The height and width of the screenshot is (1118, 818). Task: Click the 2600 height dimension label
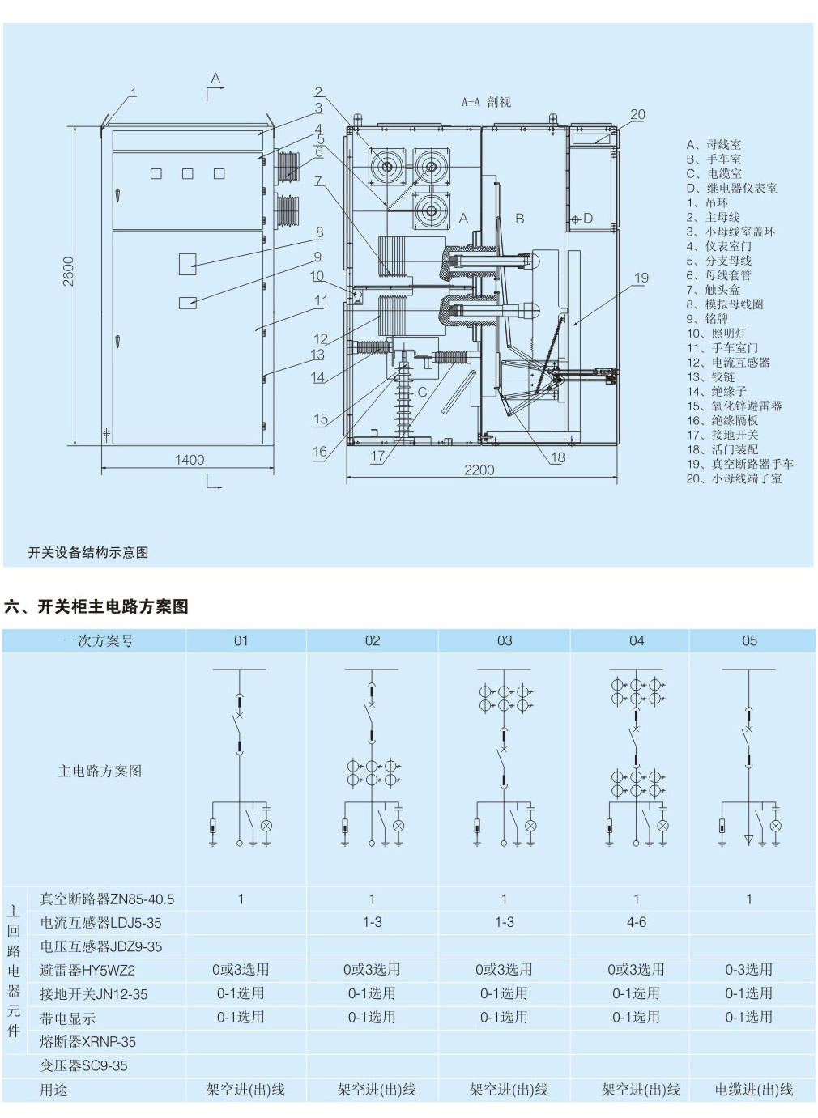coord(70,271)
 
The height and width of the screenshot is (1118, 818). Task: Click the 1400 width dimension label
coord(190,460)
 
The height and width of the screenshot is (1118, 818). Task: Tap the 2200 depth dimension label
coord(479,470)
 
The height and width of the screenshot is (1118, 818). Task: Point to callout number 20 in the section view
coord(638,115)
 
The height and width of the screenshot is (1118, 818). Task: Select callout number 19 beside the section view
coord(641,278)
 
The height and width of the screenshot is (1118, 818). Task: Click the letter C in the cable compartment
coord(422,393)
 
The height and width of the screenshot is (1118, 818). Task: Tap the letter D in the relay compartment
coord(588,219)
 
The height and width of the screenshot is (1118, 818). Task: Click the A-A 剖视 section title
coord(486,102)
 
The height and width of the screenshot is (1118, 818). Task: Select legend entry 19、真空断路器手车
coord(739,464)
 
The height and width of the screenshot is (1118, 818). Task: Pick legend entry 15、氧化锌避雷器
coord(734,406)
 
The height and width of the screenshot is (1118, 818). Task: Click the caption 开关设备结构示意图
coord(88,553)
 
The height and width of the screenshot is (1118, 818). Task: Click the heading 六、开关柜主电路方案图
coord(96,606)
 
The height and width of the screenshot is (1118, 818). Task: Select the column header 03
coord(505,641)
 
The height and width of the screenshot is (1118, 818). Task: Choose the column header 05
coord(749,641)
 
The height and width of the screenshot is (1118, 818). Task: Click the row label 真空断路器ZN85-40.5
coord(107,899)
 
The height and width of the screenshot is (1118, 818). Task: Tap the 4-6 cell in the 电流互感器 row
coord(637,922)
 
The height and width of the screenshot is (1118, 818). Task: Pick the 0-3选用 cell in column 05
coord(749,970)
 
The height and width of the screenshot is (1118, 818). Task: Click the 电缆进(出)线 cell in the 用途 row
coord(753,1090)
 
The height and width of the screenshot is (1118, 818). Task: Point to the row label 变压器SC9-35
coord(84,1065)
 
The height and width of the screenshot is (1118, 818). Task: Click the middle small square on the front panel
coord(188,173)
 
